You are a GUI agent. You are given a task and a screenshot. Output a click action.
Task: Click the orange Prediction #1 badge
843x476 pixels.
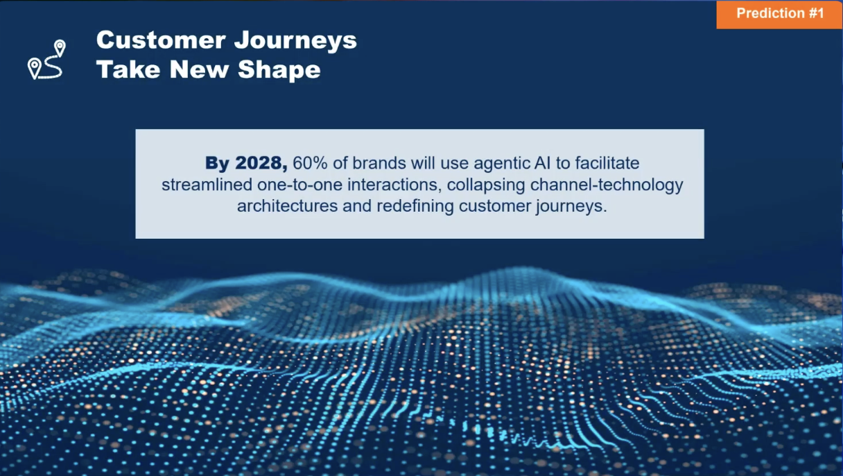[x=780, y=14]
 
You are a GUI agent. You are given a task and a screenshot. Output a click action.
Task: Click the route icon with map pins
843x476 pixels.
[x=46, y=60]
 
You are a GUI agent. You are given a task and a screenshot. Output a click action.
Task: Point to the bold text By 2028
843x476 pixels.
[x=246, y=163]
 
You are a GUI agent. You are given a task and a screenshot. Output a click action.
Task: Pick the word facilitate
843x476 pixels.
[x=602, y=163]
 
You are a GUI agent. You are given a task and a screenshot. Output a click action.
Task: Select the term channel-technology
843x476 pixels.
[x=607, y=185]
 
